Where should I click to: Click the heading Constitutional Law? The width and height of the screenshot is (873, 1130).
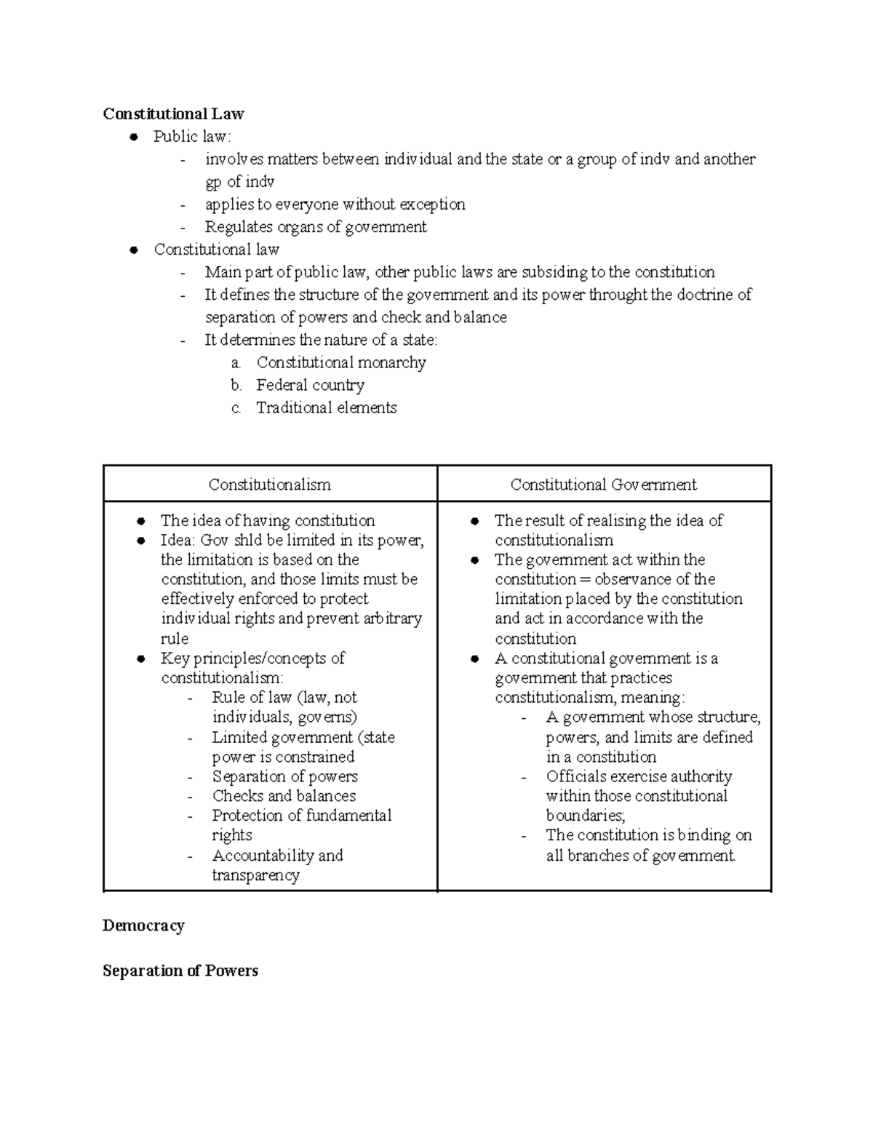pos(173,114)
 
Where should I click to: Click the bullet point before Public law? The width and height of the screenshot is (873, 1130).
pos(133,137)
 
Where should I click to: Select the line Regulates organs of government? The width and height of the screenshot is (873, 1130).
pos(315,227)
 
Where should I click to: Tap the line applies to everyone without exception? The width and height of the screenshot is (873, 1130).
pos(335,204)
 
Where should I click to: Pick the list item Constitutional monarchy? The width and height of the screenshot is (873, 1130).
pos(340,362)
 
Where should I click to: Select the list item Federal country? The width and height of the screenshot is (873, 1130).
pos(310,385)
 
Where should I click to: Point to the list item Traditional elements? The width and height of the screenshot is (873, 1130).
pos(326,407)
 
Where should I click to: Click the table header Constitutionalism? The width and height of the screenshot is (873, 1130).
pos(269,485)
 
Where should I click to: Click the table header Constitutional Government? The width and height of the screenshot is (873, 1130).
pos(603,485)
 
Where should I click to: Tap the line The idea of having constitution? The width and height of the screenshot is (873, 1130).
pos(267,520)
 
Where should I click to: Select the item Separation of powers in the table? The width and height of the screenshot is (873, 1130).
pos(284,776)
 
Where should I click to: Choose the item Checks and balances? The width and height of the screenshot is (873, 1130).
pos(284,796)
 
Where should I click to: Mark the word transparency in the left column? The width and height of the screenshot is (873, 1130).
pos(255,875)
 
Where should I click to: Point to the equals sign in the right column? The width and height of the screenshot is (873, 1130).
pos(585,580)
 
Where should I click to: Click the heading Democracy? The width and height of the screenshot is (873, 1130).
pos(143,926)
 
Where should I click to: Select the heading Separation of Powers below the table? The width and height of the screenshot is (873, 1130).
pos(180,971)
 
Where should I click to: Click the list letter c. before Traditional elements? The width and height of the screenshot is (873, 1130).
pos(236,408)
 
